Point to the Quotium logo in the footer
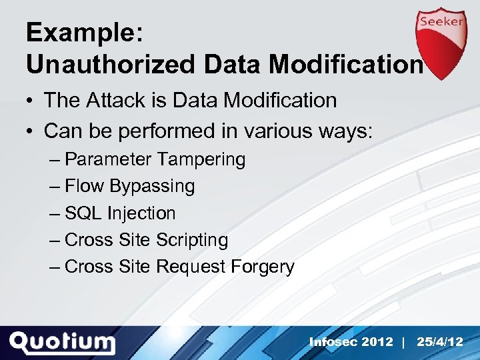(x=63, y=343)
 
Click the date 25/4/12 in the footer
(x=439, y=342)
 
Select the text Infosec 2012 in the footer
(x=351, y=342)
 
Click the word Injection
(x=141, y=213)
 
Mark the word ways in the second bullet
(x=344, y=131)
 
